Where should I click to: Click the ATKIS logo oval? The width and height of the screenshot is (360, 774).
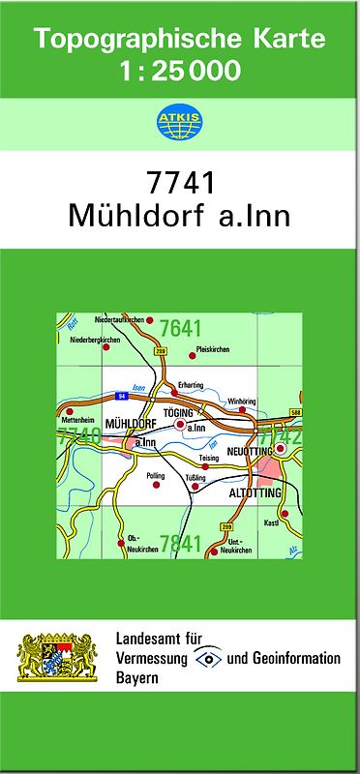pyautogui.click(x=179, y=122)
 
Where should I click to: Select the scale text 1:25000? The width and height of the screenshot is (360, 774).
pyautogui.click(x=180, y=70)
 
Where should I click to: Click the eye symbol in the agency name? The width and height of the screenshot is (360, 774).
pyautogui.click(x=208, y=659)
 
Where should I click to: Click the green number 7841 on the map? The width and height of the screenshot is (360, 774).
pyautogui.click(x=180, y=543)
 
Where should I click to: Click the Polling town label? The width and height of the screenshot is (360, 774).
pyautogui.click(x=155, y=476)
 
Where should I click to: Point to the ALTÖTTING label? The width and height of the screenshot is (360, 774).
pyautogui.click(x=255, y=493)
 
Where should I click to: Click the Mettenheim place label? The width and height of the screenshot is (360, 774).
pyautogui.click(x=77, y=421)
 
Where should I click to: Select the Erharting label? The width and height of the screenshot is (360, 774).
pyautogui.click(x=190, y=385)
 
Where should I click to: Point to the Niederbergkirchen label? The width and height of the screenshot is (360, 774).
pyautogui.click(x=100, y=340)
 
